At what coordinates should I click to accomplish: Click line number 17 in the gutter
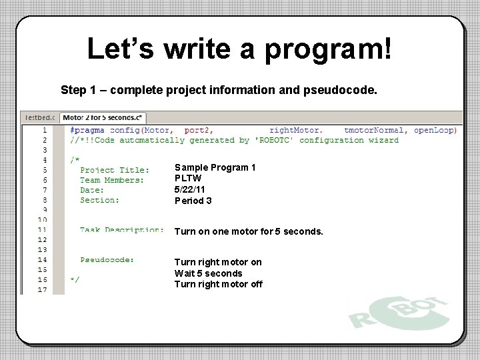coord(41,289)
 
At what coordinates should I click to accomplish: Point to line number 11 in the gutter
coord(41,230)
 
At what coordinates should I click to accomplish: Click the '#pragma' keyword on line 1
coord(87,130)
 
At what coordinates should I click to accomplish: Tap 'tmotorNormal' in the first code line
coord(375,130)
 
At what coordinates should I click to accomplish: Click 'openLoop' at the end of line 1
coord(435,130)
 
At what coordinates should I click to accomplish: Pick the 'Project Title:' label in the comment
coord(115,170)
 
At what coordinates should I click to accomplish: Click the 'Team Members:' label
coord(112,180)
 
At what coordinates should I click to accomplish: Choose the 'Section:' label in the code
coord(99,200)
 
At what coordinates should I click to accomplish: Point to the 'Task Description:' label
coord(122,230)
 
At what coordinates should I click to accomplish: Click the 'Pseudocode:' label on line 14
coord(107,259)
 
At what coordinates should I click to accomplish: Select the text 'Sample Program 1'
coord(215,167)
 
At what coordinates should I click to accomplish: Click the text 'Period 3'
coord(193,201)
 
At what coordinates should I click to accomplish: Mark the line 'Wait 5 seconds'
coord(208,273)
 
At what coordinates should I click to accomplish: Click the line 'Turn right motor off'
coord(218,285)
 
